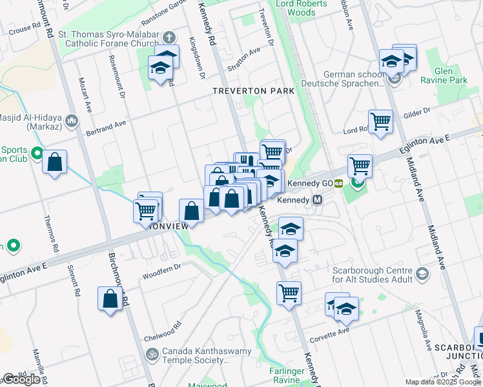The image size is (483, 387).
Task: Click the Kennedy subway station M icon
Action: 317,200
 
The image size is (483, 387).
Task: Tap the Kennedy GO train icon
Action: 338,183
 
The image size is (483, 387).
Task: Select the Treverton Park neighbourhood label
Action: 254,91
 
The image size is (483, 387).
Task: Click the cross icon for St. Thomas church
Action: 169,37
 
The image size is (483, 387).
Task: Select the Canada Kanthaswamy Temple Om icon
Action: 152,354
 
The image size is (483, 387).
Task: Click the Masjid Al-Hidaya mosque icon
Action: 71,121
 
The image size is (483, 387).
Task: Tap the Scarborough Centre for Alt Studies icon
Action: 422,274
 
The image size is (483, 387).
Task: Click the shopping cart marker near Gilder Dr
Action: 380,121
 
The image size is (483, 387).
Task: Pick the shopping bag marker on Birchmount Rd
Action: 110,299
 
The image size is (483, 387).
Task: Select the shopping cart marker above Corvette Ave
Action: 289,292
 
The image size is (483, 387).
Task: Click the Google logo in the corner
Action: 21,379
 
